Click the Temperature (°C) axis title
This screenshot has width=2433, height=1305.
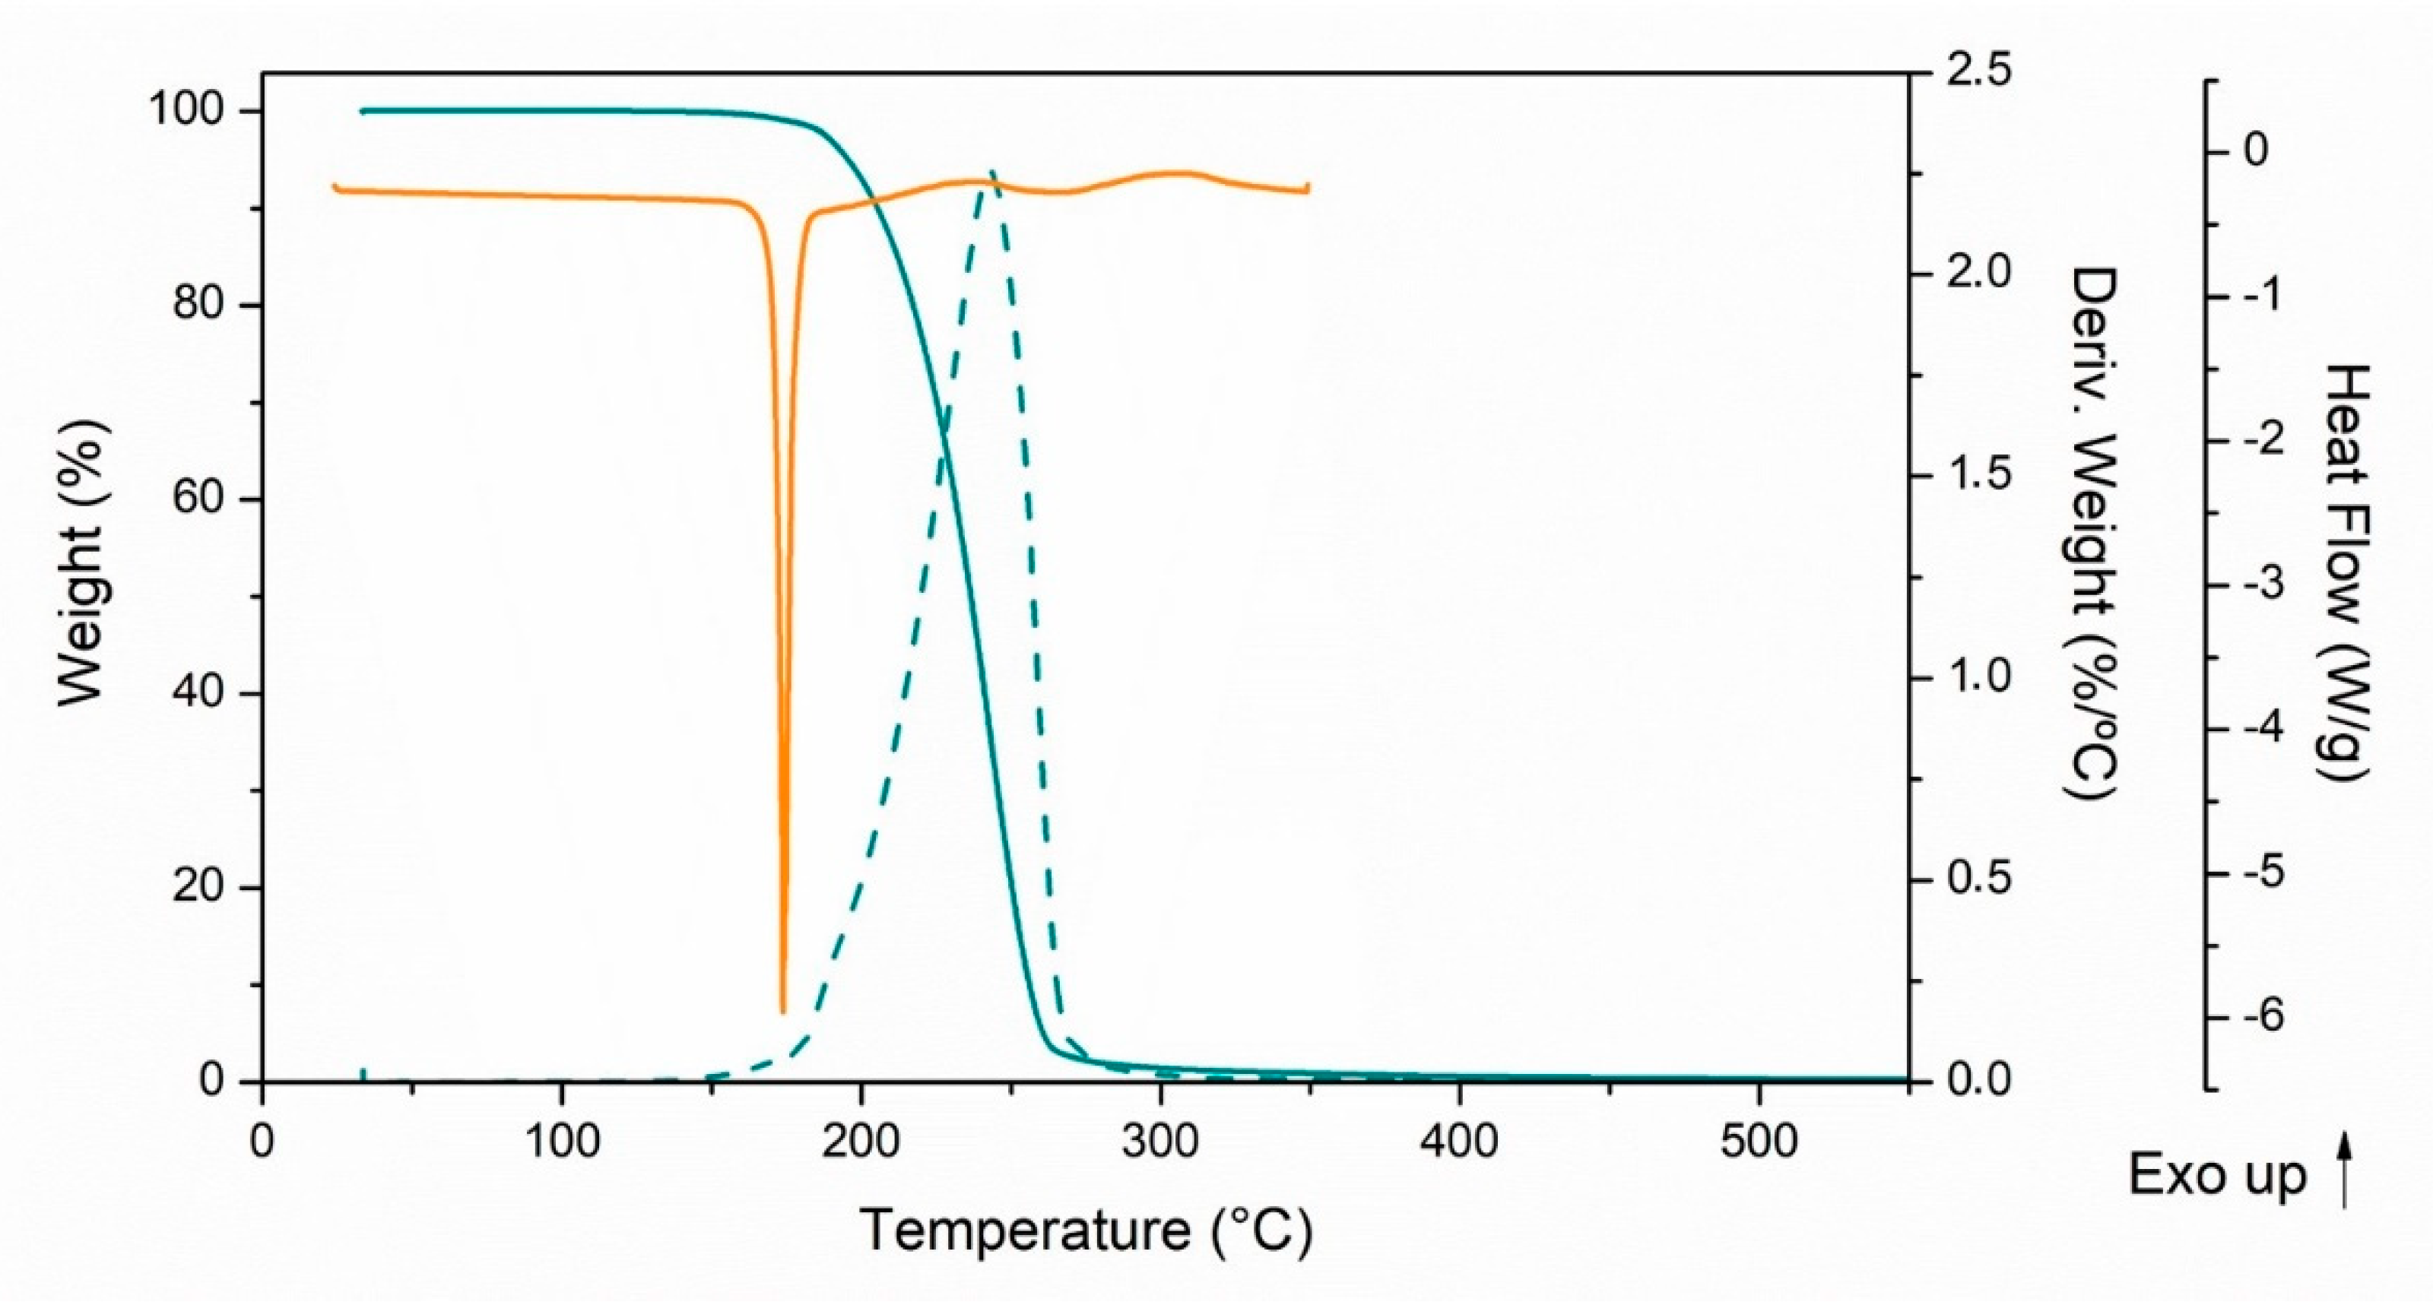tap(1086, 1231)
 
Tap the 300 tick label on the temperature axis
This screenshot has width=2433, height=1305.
tap(1159, 1142)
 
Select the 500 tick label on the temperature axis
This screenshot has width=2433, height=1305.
tap(1758, 1142)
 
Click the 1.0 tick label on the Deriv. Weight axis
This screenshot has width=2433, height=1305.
tap(1978, 677)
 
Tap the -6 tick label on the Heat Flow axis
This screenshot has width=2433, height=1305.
tap(2251, 1017)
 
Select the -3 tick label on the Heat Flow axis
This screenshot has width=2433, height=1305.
tap(2251, 584)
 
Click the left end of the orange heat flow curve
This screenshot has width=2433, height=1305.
tap(335, 186)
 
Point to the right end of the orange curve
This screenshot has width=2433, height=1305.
tap(1308, 187)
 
